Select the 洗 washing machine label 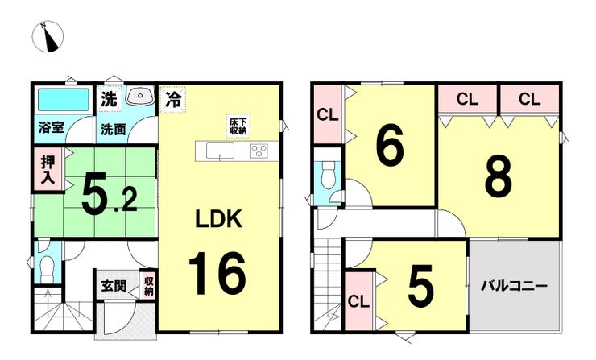click(x=109, y=100)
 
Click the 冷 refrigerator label click(x=172, y=100)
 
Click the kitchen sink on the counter click(x=220, y=151)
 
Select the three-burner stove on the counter click(x=260, y=151)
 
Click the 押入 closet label click(x=48, y=169)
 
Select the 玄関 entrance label click(x=114, y=287)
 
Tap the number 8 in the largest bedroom click(x=497, y=178)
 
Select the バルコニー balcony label click(x=515, y=287)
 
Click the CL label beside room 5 click(x=358, y=302)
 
